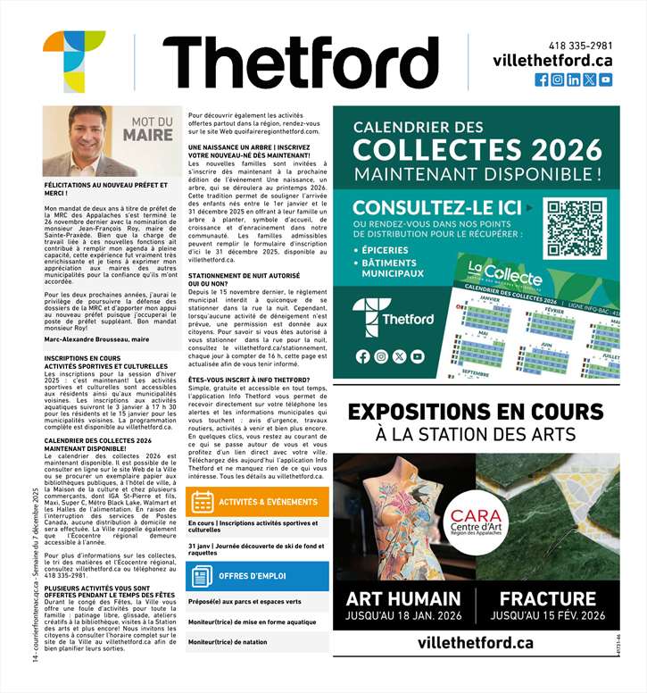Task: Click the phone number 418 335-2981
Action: coord(580,46)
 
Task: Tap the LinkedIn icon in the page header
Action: coord(574,79)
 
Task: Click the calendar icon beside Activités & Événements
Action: coord(202,502)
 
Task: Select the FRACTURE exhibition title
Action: coord(560,598)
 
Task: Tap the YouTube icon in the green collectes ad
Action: coord(418,356)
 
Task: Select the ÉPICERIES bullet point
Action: coord(388,250)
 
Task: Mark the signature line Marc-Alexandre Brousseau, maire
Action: coord(96,339)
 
